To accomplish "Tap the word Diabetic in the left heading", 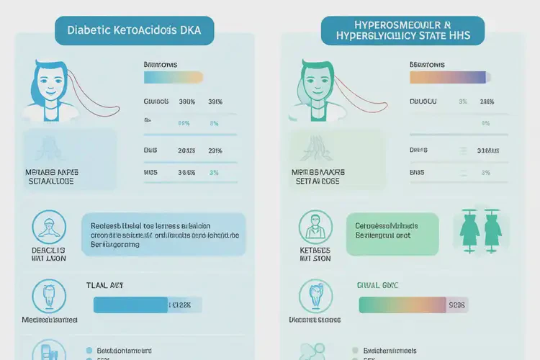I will pyautogui.click(x=89, y=31).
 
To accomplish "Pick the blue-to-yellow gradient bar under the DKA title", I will pyautogui.click(x=174, y=77).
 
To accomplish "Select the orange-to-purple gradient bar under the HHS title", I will pyautogui.click(x=450, y=77).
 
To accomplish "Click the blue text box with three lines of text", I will pyautogui.click(x=163, y=235).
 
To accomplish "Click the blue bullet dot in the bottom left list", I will pyautogui.click(x=89, y=350).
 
